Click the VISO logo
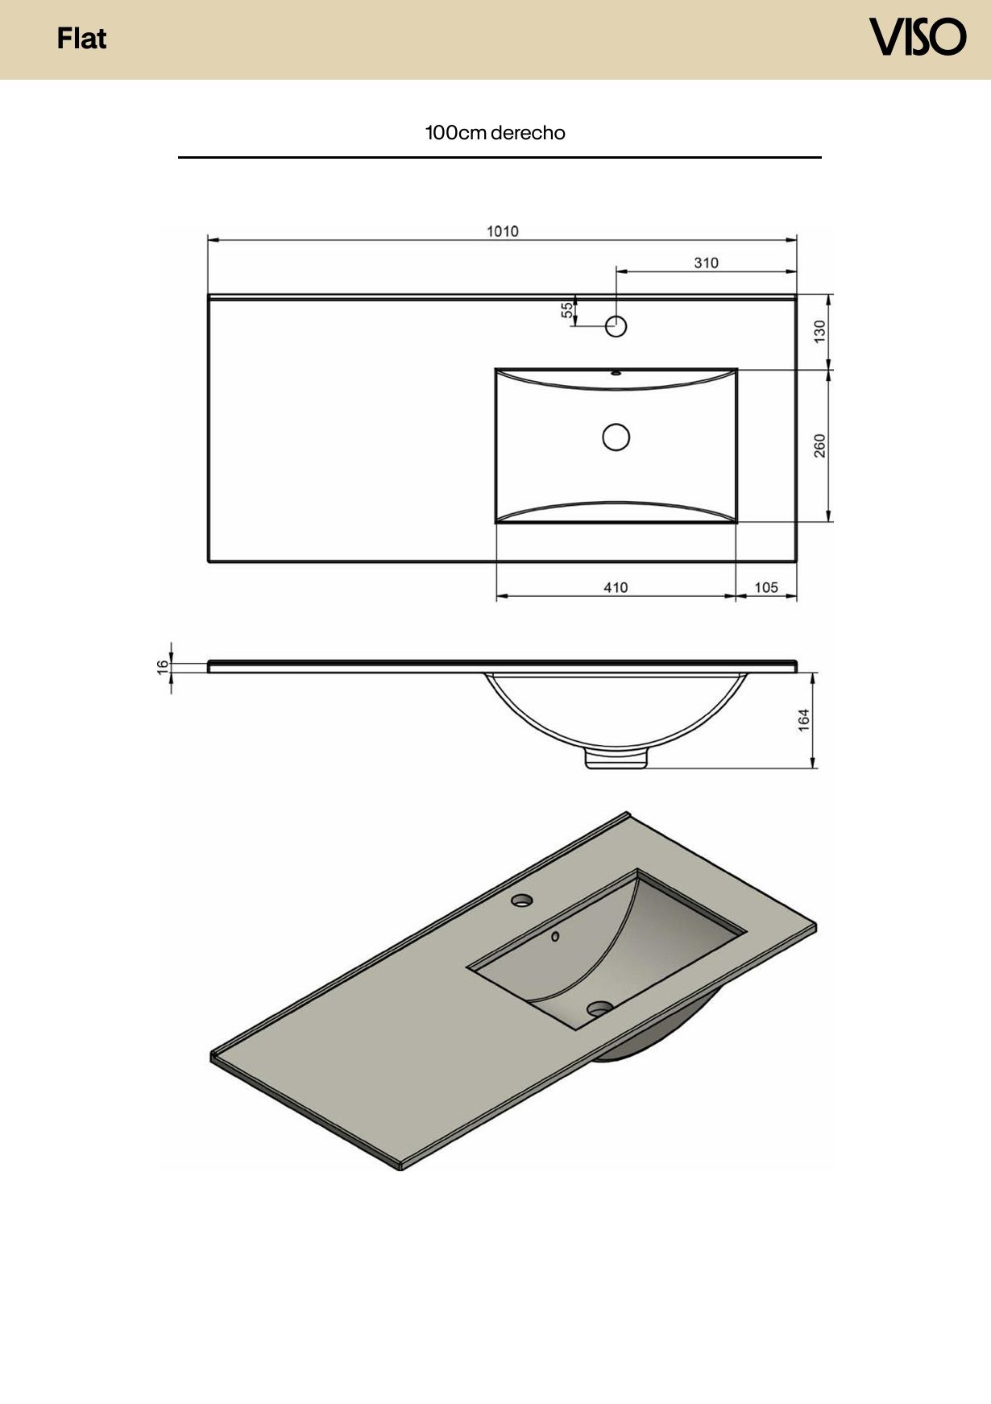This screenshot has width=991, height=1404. (x=917, y=37)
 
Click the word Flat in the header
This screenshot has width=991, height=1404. (x=81, y=39)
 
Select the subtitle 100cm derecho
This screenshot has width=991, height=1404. (x=495, y=133)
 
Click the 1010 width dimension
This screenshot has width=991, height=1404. (x=502, y=232)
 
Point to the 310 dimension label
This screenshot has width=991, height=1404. (x=706, y=263)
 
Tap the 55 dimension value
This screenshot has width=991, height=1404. (x=567, y=310)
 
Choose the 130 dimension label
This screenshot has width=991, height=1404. (x=819, y=331)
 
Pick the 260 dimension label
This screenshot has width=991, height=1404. (x=819, y=445)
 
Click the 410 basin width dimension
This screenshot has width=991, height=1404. (x=616, y=587)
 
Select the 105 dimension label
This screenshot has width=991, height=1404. (x=766, y=587)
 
